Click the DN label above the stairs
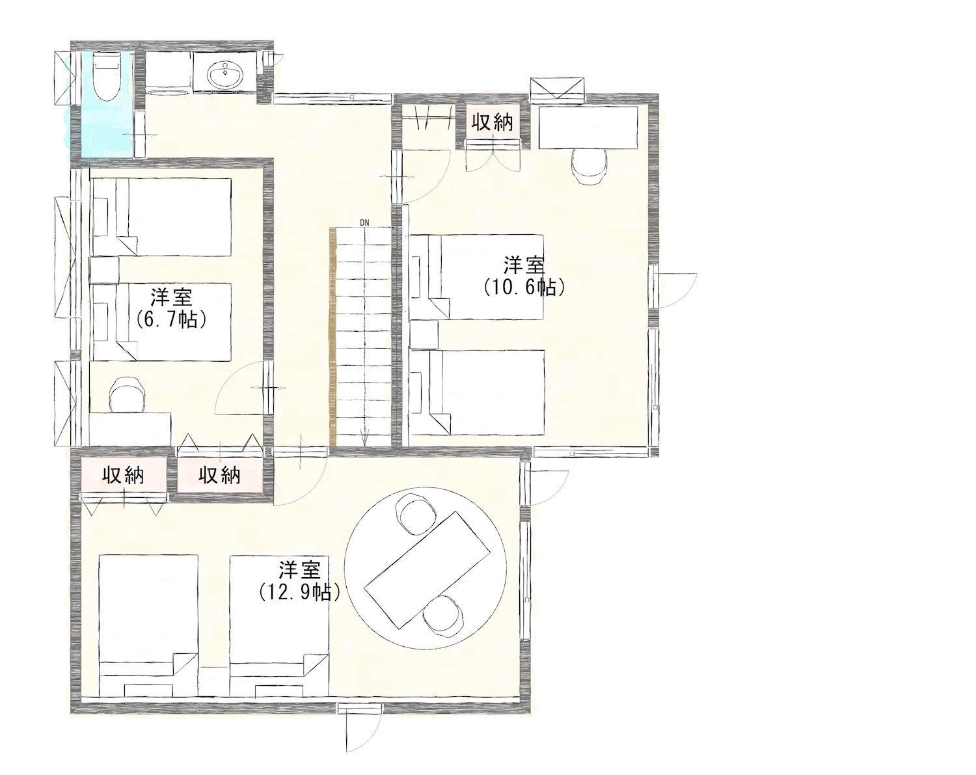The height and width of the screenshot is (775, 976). point(364,223)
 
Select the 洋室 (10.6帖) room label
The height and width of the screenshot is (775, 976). point(524,276)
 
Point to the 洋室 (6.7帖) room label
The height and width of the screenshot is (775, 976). point(171,307)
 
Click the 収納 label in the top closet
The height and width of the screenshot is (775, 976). point(493,122)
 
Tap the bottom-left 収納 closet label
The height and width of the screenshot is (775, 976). point(124,476)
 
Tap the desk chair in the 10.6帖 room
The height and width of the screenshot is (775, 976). point(589,167)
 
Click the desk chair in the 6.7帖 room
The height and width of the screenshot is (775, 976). point(128,395)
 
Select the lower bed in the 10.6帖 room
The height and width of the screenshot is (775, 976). point(476,392)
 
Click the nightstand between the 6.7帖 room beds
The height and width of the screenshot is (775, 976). point(104,270)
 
